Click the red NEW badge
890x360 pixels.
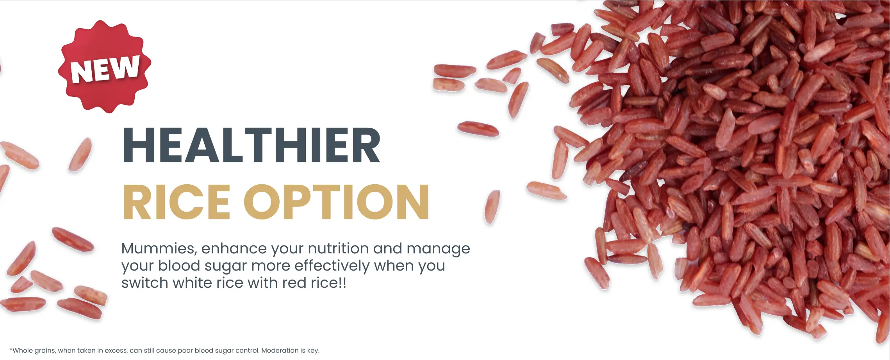coord(105,67)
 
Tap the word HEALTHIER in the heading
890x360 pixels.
coord(251,146)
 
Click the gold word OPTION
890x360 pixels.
coord(336,202)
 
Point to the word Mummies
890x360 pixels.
coord(159,249)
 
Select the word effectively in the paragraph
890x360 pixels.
coord(332,266)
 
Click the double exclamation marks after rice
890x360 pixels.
coord(342,283)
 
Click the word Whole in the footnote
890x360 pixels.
coord(22,351)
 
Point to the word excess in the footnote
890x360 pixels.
coord(115,351)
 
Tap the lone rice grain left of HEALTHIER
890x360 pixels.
coord(80,155)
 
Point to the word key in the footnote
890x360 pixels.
coord(313,351)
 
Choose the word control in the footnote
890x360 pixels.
coord(247,351)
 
